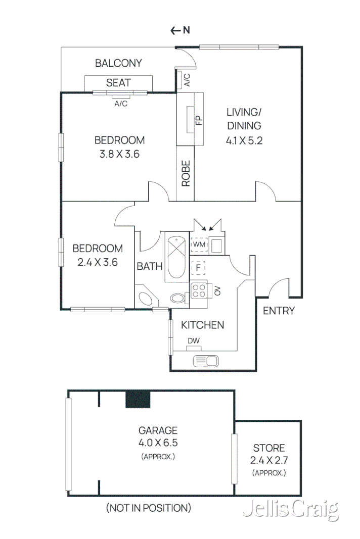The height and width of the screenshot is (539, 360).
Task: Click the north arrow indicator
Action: pos(180,30)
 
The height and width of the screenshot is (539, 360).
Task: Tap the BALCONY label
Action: pos(118,63)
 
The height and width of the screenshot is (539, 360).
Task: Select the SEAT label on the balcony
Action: pos(118,82)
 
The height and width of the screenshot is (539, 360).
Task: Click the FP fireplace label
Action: pos(199,120)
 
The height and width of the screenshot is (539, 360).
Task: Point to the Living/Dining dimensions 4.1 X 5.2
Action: pos(244,141)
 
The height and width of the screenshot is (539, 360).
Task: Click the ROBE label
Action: pos(186,174)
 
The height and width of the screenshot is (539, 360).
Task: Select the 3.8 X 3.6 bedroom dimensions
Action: pos(119,154)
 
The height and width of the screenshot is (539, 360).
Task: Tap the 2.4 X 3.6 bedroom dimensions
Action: pos(98,262)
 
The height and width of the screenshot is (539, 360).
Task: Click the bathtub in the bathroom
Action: pos(176,255)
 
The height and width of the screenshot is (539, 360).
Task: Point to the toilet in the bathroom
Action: pos(178,298)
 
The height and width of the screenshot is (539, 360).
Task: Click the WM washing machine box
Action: pos(199,245)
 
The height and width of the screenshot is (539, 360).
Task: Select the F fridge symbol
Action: pos(199,266)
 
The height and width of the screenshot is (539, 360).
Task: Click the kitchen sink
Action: pos(206,361)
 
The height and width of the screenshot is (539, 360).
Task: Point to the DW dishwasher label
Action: pos(194,341)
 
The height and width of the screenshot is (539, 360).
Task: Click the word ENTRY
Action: pos(279,311)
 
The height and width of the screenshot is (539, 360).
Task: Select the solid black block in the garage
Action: pos(138,399)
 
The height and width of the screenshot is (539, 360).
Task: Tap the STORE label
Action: pos(268,448)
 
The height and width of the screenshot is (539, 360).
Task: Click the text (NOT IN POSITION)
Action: pos(148,508)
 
